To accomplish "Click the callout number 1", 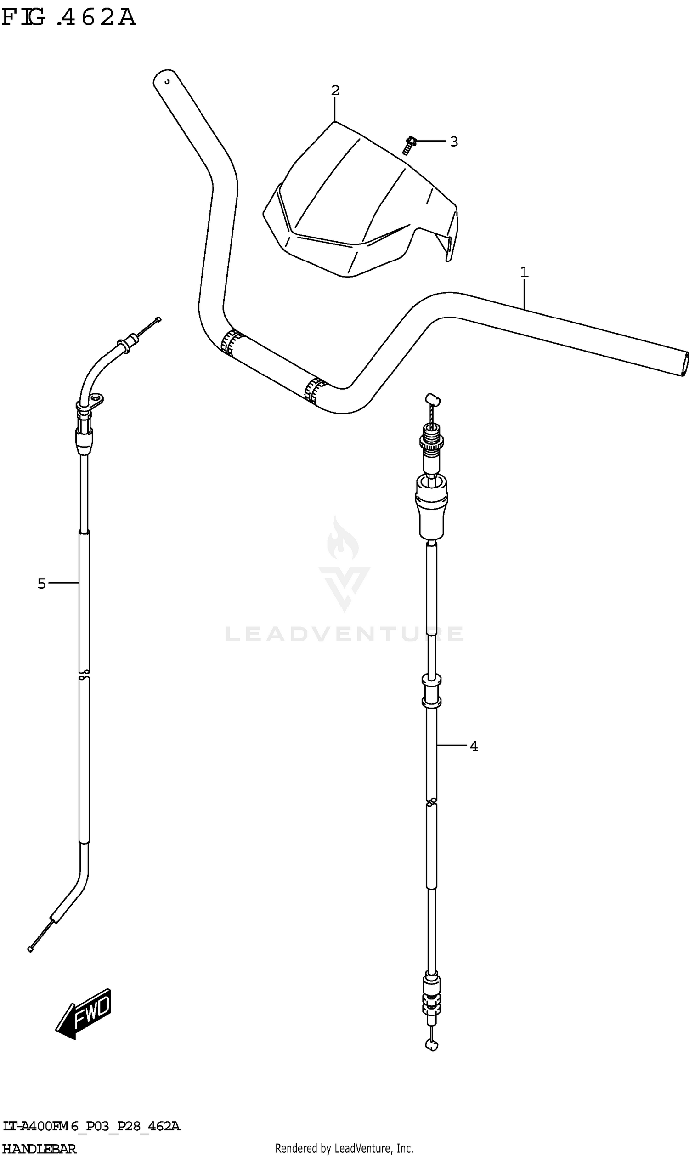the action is coord(524,272).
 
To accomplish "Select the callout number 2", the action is coord(335,90).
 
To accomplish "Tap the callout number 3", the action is coord(454,141).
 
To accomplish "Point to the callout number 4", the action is coord(474,746).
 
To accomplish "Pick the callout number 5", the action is coord(42,583).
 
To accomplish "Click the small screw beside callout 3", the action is coord(409,145).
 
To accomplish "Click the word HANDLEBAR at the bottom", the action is coord(40,1149).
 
